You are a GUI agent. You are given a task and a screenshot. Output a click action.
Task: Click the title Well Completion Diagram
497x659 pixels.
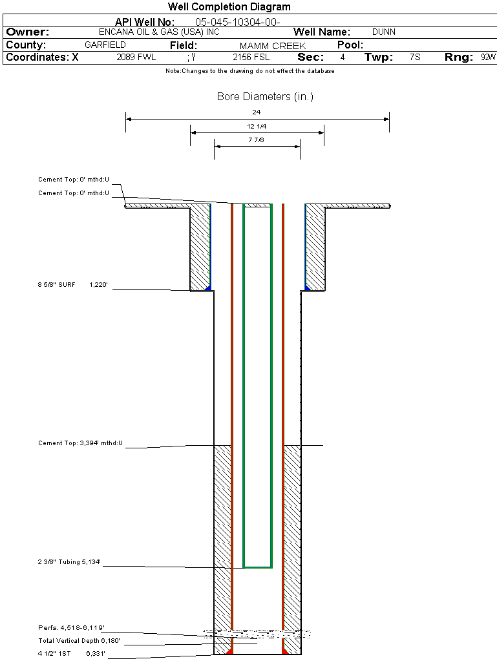[x=229, y=7]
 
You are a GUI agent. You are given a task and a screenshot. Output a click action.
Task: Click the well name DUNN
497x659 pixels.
[x=384, y=32]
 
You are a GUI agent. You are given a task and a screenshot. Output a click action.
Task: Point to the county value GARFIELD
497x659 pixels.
[x=105, y=45]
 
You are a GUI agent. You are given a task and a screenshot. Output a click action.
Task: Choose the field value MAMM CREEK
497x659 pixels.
[x=273, y=46]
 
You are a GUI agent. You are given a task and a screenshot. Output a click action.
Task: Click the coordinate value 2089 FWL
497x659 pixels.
[x=136, y=58]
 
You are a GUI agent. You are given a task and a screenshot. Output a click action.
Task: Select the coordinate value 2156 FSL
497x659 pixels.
[x=251, y=58]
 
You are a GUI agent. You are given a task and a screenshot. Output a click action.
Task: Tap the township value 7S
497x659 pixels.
[x=415, y=58]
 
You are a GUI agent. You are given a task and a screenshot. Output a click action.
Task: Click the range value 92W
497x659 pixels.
[x=488, y=58]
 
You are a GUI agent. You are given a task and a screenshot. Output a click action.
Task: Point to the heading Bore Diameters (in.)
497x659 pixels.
[x=265, y=97]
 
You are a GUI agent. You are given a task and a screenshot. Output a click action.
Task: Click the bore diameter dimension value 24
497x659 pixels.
[x=257, y=112]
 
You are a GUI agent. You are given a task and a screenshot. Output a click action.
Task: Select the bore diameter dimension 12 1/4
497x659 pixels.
[x=257, y=126]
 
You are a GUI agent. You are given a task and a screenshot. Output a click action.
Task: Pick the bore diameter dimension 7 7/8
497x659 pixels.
[x=257, y=140]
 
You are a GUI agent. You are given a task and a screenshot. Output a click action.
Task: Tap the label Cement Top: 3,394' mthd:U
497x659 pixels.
[x=81, y=443]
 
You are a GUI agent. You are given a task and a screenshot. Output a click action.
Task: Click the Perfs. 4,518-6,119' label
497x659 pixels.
[x=71, y=627]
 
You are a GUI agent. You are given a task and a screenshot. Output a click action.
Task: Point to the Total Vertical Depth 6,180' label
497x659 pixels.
[x=79, y=640]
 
